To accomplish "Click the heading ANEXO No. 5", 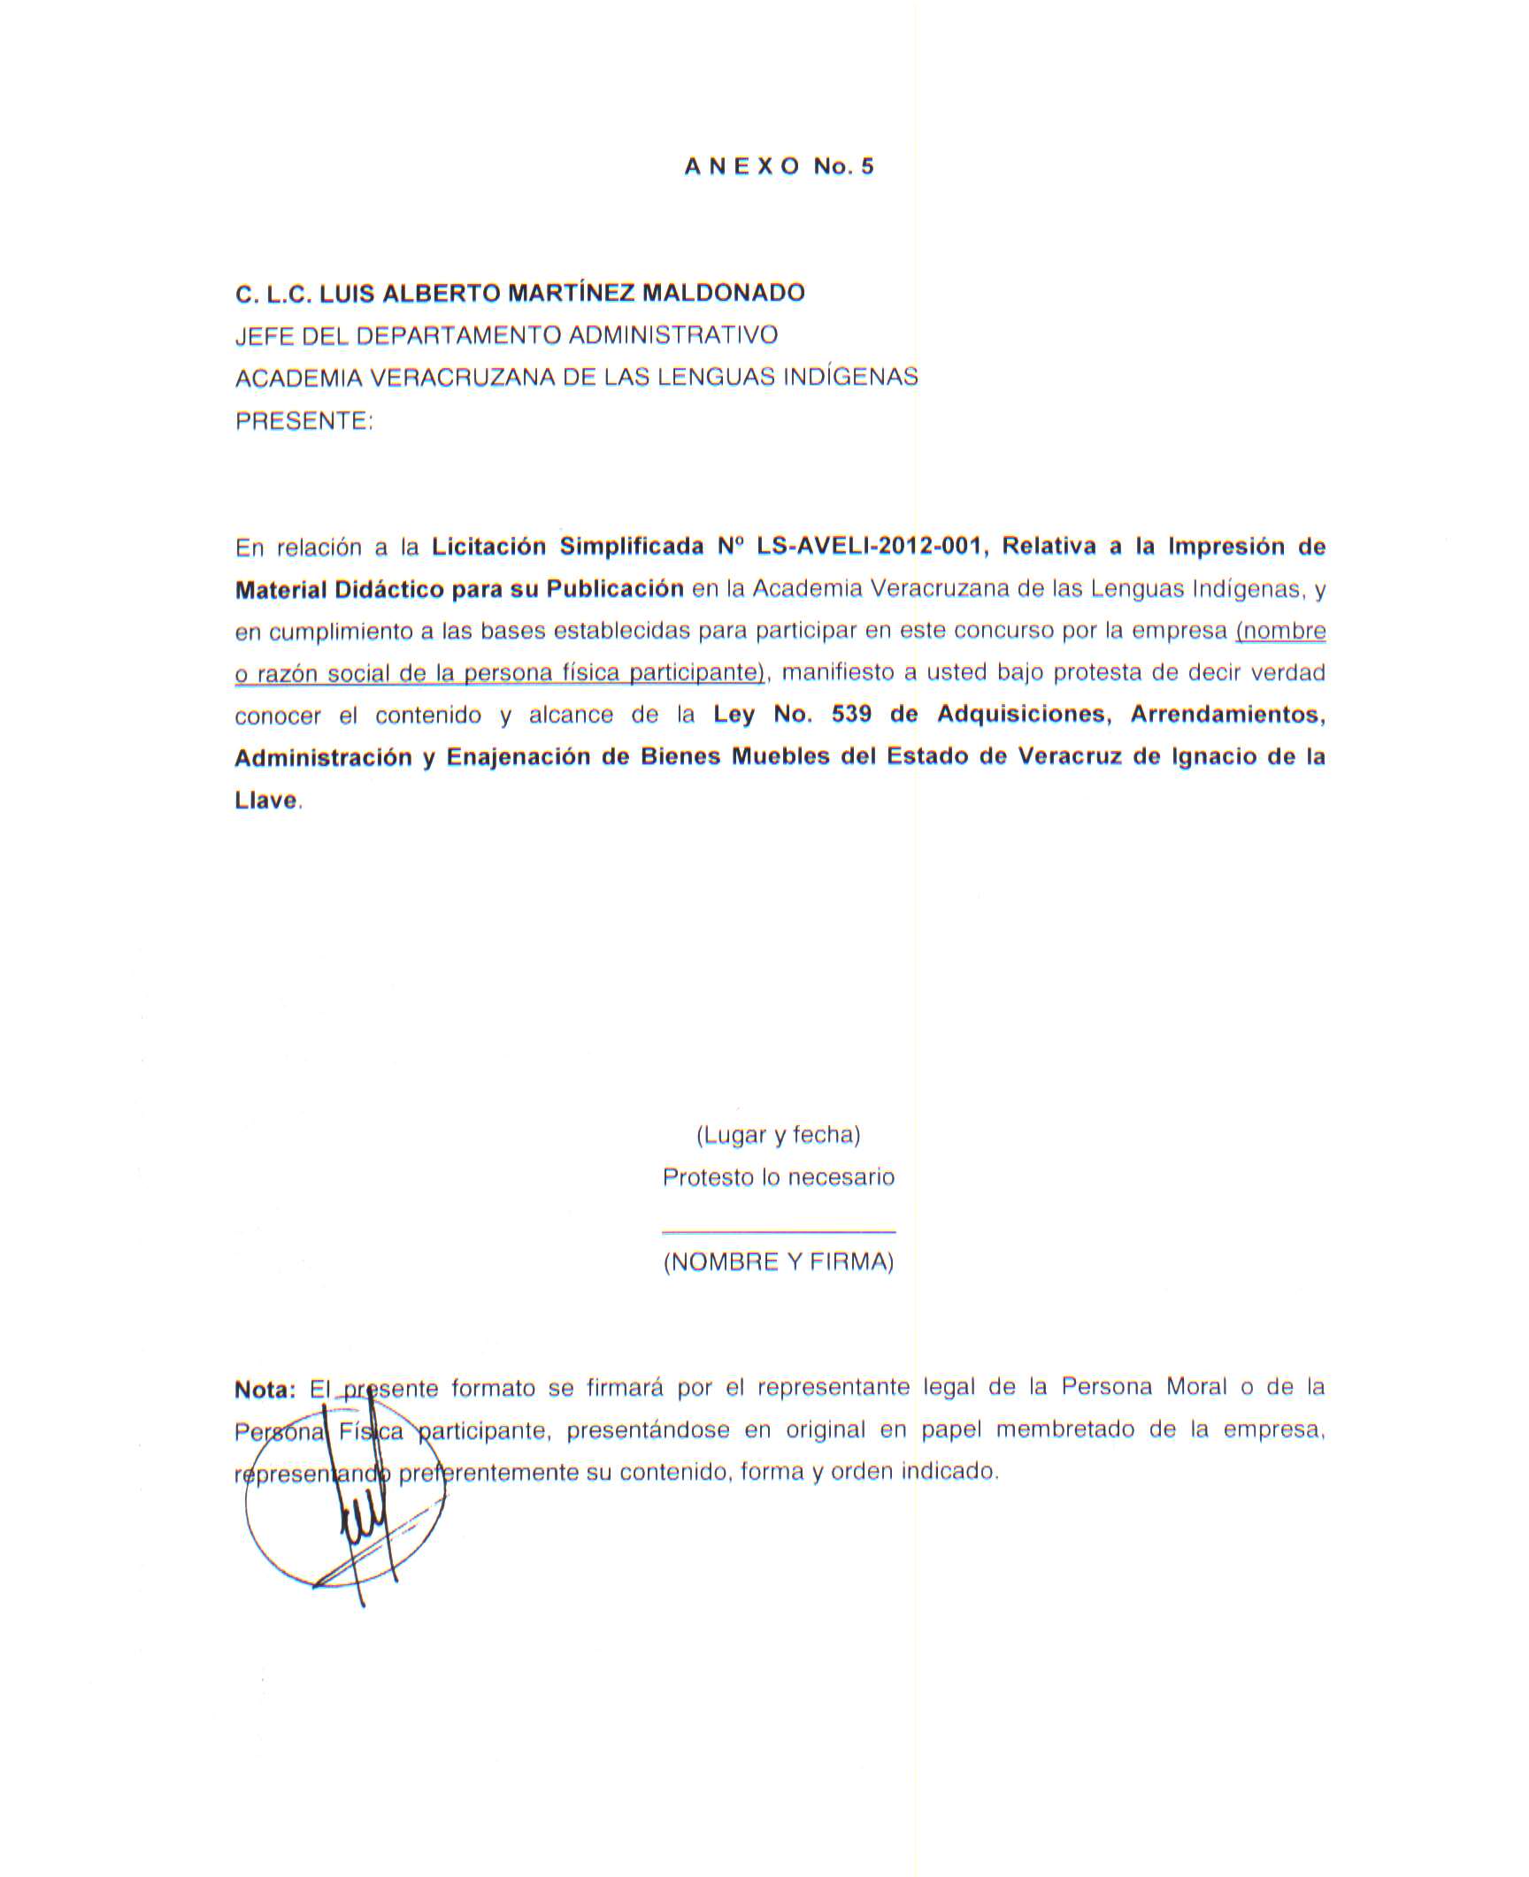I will (x=778, y=166).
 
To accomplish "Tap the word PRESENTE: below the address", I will (x=303, y=421).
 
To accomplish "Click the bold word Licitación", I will (x=488, y=546).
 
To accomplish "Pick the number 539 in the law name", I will (x=851, y=714).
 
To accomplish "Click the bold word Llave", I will (x=265, y=800).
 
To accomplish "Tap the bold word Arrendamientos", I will (x=1227, y=714).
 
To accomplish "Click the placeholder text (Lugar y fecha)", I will (x=778, y=1134).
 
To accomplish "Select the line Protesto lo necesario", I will (x=778, y=1177).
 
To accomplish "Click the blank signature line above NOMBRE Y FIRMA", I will (x=778, y=1230).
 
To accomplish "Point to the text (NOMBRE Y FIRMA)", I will (x=778, y=1262).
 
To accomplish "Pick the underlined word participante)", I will (x=696, y=673).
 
